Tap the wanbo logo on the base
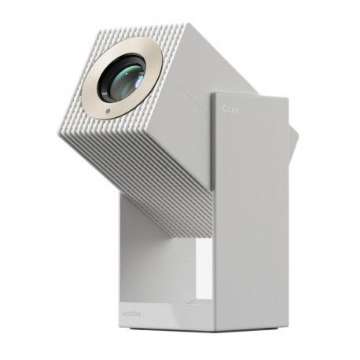133,316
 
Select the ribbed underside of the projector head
157,181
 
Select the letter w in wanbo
125,316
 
